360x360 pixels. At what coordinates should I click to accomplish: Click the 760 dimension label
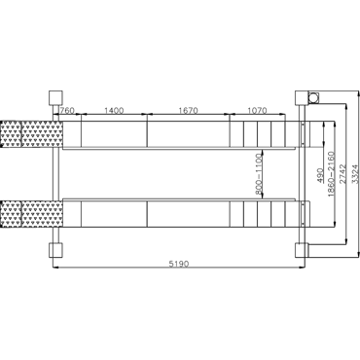[x=67, y=110]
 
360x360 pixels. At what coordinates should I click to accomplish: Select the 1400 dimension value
[x=114, y=110]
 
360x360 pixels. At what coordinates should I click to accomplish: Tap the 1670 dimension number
[x=188, y=110]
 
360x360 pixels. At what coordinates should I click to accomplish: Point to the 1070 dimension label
[x=257, y=110]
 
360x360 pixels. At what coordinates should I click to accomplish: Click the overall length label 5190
[x=178, y=264]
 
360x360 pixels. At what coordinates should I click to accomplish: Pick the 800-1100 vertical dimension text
[x=259, y=174]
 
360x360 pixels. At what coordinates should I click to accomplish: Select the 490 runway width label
[x=320, y=175]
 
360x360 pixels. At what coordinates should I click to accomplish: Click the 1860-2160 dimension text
[x=332, y=174]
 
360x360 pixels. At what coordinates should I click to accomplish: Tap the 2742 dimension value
[x=342, y=174]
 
